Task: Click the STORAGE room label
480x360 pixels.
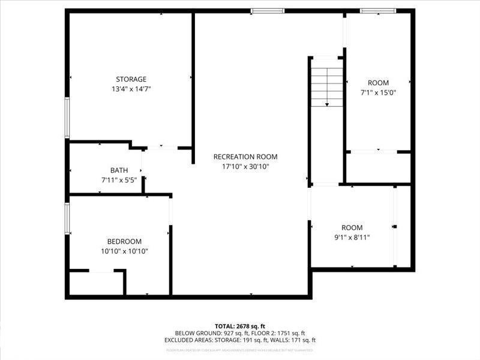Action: pos(131,79)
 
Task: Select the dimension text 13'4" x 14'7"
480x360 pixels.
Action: pos(131,89)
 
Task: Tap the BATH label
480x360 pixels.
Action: pos(119,170)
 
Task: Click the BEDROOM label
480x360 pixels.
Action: pos(124,241)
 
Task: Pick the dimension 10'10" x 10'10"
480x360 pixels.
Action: pos(124,251)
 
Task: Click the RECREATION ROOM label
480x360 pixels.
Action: pos(245,157)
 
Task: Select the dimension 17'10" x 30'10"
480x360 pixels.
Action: pos(245,167)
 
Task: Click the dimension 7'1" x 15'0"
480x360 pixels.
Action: pos(378,93)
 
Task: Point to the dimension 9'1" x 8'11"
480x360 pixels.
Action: pos(352,238)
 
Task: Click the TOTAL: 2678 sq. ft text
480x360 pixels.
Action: pos(239,326)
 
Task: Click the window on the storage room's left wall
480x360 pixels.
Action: pos(67,118)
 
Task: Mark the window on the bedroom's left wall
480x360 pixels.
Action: pos(67,217)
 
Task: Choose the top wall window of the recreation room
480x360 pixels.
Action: pos(267,10)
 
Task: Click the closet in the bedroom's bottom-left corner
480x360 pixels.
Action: pos(96,283)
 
